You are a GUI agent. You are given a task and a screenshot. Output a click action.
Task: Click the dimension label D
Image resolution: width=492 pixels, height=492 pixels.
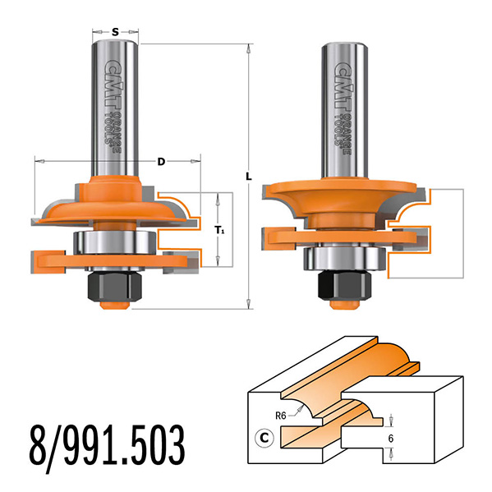tap(161, 162)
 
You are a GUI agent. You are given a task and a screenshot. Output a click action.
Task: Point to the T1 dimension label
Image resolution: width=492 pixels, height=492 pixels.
tap(218, 231)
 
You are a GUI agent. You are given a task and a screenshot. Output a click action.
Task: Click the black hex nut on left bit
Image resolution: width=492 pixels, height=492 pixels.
tap(115, 285)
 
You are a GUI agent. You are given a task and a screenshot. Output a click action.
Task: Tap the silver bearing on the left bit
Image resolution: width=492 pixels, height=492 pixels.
tap(114, 244)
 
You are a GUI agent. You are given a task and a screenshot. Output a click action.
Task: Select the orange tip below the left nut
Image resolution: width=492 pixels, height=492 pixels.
tap(115, 305)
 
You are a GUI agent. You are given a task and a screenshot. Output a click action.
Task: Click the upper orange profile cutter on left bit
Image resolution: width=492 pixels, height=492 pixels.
tap(115, 201)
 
